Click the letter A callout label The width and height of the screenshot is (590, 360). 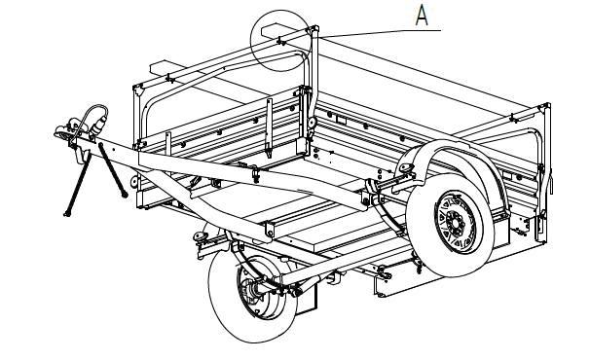click(x=422, y=16)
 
